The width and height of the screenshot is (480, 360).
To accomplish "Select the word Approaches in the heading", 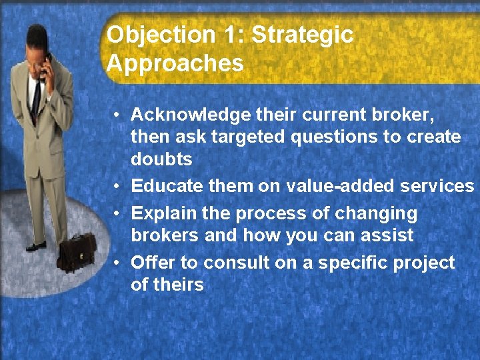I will pos(175,64).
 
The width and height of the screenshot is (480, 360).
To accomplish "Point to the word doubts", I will pos(161,159).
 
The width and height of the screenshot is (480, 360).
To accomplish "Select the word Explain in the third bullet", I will pos(159,214).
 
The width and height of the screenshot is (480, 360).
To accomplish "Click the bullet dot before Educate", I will pos(116,187).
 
